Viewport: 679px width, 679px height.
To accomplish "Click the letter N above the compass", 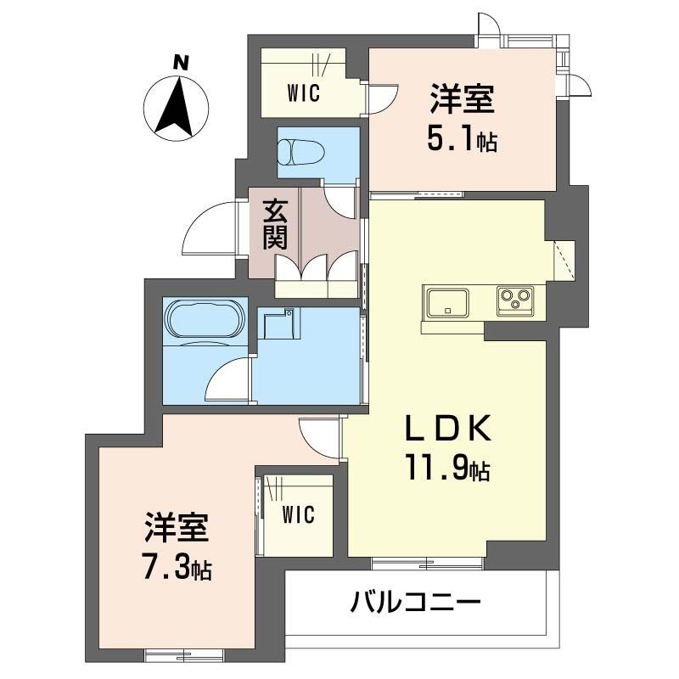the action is coord(181,62).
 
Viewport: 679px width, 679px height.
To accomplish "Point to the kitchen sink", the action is coord(448,303).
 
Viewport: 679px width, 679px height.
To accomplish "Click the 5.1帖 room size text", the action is coord(462,139).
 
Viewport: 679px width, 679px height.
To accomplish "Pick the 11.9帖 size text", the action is coord(448,467).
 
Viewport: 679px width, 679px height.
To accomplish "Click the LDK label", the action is coord(448,428).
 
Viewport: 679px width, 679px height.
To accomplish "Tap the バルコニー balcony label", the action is coord(416,602).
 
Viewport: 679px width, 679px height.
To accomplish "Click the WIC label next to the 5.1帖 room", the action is coord(304,93).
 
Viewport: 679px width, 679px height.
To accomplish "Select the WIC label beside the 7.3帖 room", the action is coord(299,514).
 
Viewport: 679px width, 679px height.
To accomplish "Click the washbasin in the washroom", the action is coord(279,324).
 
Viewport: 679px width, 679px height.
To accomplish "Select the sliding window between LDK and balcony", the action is coord(427,563).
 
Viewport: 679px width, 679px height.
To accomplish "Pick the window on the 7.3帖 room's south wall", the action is coord(184,654).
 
